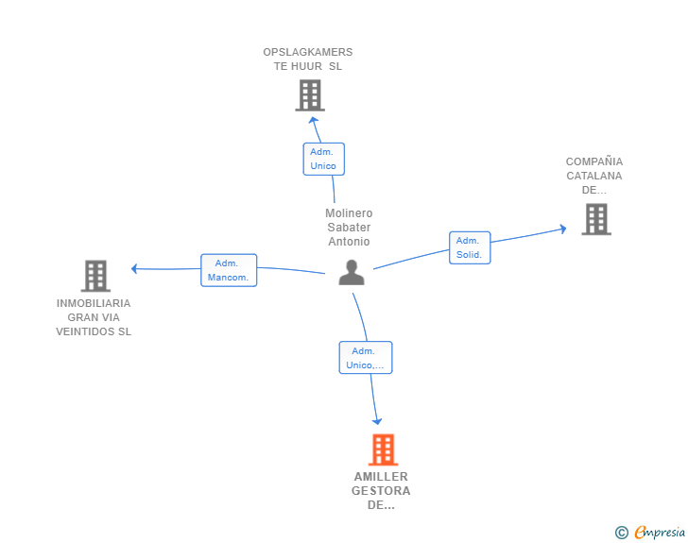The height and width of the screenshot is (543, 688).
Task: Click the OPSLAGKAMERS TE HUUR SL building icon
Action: [309, 95]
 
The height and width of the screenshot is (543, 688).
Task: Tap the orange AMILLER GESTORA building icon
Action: [383, 450]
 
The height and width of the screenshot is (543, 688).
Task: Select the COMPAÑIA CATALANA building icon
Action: [595, 219]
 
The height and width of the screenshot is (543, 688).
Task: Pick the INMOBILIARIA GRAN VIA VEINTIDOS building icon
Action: [95, 276]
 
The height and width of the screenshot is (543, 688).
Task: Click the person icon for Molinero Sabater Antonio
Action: [352, 272]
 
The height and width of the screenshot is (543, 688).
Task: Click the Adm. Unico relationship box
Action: [323, 159]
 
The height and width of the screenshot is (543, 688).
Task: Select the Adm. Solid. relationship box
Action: [469, 247]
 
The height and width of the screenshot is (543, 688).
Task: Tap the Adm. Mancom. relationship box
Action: [229, 270]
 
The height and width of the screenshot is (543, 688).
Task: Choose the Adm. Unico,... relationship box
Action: [366, 358]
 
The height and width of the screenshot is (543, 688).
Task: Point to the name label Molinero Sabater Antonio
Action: [349, 228]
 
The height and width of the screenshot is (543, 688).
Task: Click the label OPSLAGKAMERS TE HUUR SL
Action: [308, 59]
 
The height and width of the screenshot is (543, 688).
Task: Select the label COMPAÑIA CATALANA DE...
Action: [594, 176]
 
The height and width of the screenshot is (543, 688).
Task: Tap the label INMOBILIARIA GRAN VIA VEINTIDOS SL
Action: [94, 317]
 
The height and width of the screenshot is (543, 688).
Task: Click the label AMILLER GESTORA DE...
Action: [381, 490]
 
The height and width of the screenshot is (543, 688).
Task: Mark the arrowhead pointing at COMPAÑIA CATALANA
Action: [562, 229]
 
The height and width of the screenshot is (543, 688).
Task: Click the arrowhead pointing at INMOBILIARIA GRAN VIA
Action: [135, 268]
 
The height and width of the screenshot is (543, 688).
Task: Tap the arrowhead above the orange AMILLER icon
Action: [378, 421]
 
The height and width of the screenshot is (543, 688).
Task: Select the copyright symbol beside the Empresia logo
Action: [621, 533]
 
